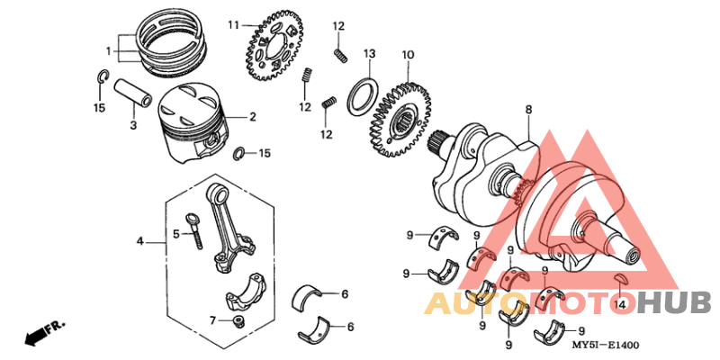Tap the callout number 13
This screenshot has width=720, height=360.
(369, 55)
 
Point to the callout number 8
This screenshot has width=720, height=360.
(529, 109)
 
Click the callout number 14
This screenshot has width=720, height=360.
(620, 305)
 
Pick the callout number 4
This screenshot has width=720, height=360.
(139, 241)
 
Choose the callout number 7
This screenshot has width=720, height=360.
(213, 319)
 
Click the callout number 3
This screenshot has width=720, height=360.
(132, 125)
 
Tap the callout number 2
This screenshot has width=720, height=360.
(253, 117)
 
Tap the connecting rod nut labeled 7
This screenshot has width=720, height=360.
(238, 322)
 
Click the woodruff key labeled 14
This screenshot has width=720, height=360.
(620, 281)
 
